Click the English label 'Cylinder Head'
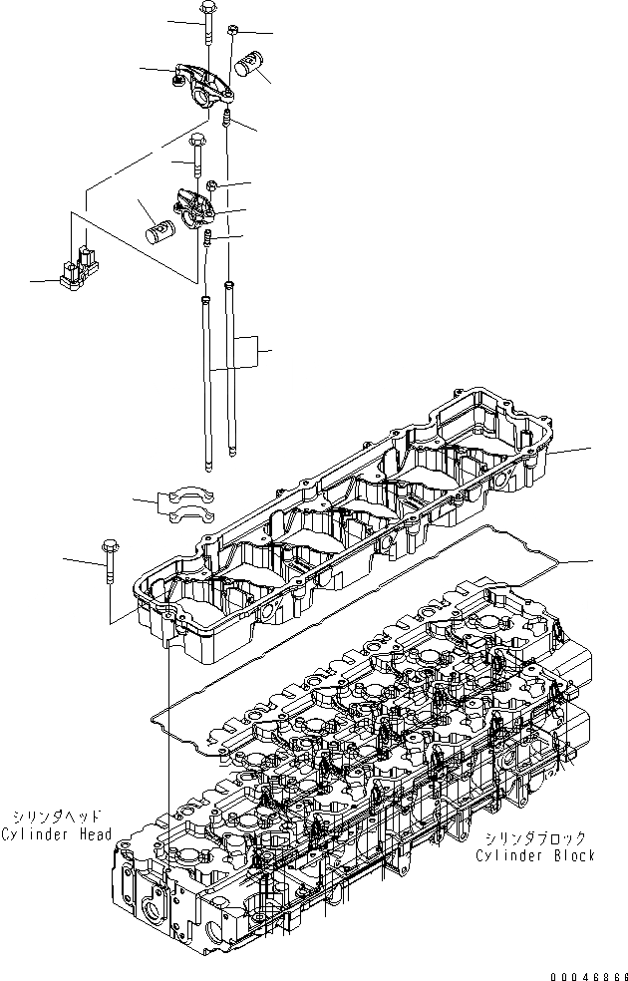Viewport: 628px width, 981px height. pyautogui.click(x=56, y=833)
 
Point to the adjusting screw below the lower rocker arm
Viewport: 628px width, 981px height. pyautogui.click(x=209, y=239)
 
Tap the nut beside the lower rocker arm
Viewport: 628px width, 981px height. pyautogui.click(x=213, y=184)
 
